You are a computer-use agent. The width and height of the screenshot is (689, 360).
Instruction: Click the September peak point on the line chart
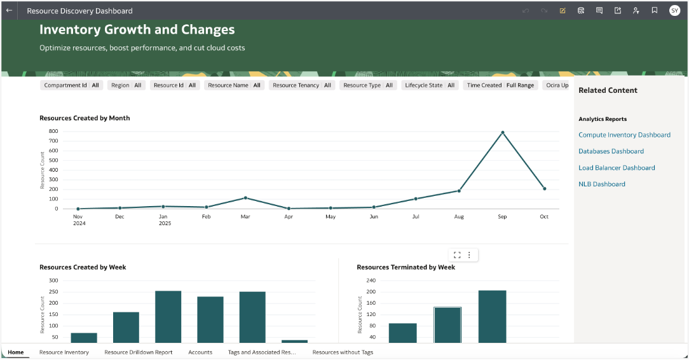click(502, 132)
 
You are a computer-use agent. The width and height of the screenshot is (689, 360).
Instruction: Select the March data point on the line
click(245, 198)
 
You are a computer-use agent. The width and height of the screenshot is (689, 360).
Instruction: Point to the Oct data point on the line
click(544, 188)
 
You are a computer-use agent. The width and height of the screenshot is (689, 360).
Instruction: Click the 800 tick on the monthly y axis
click(53, 131)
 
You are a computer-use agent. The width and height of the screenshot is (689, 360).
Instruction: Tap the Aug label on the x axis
click(460, 217)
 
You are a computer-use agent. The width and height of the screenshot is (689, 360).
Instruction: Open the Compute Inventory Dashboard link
click(624, 135)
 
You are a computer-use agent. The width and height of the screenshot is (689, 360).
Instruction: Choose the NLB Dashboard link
click(601, 184)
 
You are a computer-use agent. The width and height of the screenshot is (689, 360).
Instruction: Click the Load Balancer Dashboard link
click(617, 168)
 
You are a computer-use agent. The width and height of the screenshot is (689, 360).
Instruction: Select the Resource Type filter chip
click(367, 85)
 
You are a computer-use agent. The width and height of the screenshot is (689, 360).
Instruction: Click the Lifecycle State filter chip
click(430, 85)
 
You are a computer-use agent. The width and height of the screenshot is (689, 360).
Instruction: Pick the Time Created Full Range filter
click(500, 85)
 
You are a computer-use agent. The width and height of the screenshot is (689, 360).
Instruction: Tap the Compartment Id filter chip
click(71, 85)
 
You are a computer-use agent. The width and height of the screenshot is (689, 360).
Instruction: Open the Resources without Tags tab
click(343, 352)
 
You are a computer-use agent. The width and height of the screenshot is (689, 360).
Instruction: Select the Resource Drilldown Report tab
click(138, 352)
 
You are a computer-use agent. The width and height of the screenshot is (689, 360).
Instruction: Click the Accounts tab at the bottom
click(200, 352)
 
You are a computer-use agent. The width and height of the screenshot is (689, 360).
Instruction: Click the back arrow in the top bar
click(9, 10)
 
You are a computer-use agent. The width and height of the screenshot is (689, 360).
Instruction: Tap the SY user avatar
click(674, 10)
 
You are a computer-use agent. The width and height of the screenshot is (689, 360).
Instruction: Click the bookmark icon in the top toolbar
click(654, 10)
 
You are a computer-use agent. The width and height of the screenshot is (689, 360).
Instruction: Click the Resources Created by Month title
click(85, 118)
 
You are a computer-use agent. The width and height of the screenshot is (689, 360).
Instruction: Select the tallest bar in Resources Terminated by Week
click(492, 316)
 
